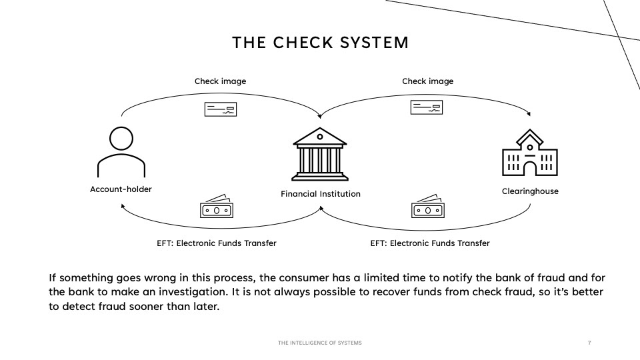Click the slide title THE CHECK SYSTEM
[321, 43]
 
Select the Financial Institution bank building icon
[320, 154]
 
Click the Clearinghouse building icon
[530, 153]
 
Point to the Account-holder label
[121, 189]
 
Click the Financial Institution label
[321, 194]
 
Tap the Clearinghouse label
[530, 191]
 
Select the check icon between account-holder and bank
[221, 109]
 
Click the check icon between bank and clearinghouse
[427, 107]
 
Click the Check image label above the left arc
[221, 81]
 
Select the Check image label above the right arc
[428, 81]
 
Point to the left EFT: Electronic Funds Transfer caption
[216, 243]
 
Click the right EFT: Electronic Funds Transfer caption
[430, 243]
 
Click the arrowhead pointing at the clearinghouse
[529, 114]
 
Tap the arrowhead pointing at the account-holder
[123, 207]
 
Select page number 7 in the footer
[589, 343]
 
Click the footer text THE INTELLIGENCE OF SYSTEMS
[320, 343]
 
